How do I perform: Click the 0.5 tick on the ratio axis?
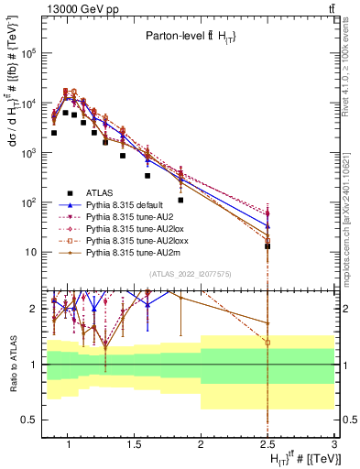pyautogui.click(x=30, y=420)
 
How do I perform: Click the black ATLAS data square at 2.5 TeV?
pyautogui.click(x=267, y=246)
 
